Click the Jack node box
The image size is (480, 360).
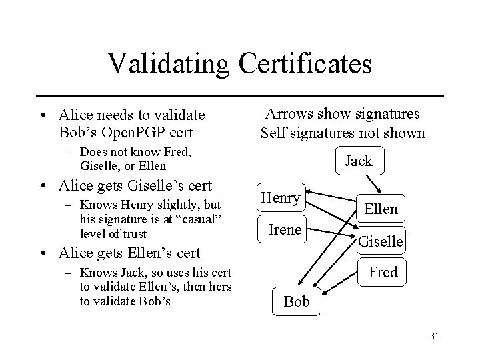click(359, 161)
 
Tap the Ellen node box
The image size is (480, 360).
click(381, 209)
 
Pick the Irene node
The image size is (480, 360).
click(285, 230)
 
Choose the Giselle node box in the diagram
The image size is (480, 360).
click(381, 241)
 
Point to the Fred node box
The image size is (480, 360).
click(383, 272)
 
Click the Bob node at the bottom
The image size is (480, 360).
click(296, 301)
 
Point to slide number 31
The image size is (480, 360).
click(434, 336)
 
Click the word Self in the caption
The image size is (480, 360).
click(273, 133)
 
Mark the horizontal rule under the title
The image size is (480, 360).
click(240, 95)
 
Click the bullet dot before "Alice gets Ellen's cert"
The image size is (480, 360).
click(43, 254)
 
